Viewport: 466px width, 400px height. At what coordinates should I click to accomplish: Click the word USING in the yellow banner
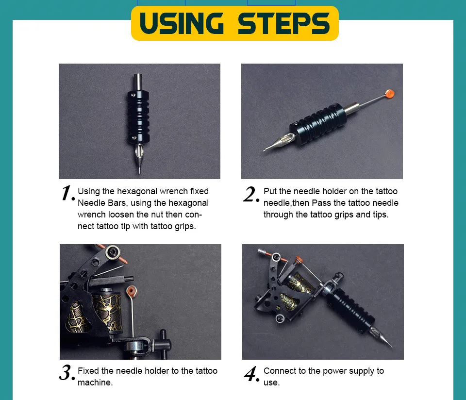coord(181,23)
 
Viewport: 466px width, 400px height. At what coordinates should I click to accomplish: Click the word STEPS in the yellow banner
coord(284,23)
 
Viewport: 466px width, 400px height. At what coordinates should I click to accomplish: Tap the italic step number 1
coord(67,193)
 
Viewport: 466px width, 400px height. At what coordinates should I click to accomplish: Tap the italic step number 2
coord(251,194)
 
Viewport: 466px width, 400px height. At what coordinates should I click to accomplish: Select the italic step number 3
coord(67,373)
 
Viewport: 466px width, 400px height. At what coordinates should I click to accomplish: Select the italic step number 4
coord(251,374)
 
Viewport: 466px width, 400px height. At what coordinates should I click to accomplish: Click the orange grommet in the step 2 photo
coord(389,94)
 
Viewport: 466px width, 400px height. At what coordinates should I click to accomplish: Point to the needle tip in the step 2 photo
coord(264,150)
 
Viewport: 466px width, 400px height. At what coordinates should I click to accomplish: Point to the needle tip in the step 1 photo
coord(139,172)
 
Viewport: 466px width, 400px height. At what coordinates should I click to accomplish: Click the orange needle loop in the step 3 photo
coord(132,291)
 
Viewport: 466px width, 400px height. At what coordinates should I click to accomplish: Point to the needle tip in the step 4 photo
coord(392,347)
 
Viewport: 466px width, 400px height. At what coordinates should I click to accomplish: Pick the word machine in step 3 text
coord(94,383)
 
